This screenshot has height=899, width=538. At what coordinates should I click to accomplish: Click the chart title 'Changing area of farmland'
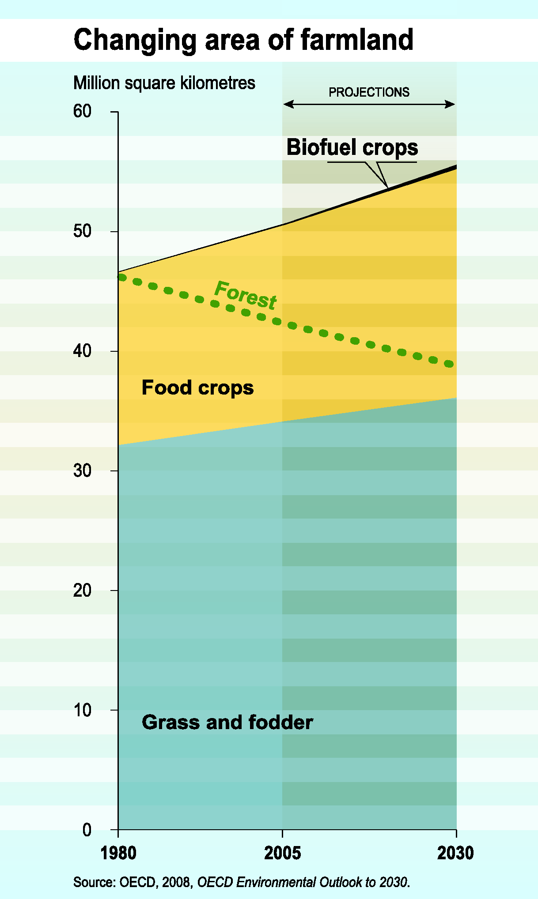coord(243,40)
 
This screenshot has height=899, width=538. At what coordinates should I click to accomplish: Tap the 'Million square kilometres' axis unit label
coord(164,83)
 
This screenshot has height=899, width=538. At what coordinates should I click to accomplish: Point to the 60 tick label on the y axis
coord(82,111)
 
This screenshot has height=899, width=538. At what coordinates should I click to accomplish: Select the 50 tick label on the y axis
coord(82,231)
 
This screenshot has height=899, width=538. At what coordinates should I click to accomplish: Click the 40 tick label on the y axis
coord(82,351)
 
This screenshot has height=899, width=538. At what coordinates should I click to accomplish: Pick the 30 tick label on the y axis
coord(82,471)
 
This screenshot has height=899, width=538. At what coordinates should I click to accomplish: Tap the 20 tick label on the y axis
coord(82,591)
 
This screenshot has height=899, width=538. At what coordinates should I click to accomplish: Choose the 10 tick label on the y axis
coord(82,710)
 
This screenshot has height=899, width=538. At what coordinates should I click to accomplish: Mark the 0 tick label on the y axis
coord(87,830)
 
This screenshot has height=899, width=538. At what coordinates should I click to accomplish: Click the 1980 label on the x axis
coord(118,853)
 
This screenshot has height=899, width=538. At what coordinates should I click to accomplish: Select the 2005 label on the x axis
coord(282,853)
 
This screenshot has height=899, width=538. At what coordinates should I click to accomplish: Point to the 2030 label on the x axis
coord(455,853)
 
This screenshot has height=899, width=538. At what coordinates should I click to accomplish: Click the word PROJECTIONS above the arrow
coord(369,92)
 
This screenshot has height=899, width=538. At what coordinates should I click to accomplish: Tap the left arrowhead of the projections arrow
coord(288,105)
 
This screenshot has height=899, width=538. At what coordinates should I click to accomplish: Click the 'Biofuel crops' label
coord(352,147)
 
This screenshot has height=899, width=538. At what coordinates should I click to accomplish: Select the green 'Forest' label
coord(246,295)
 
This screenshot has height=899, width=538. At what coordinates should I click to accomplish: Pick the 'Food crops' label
coord(197,388)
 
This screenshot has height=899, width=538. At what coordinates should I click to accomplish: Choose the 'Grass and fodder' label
coord(227,722)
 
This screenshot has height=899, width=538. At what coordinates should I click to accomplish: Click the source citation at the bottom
coord(242,882)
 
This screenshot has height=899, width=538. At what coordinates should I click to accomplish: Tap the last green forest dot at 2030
coord(449,364)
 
